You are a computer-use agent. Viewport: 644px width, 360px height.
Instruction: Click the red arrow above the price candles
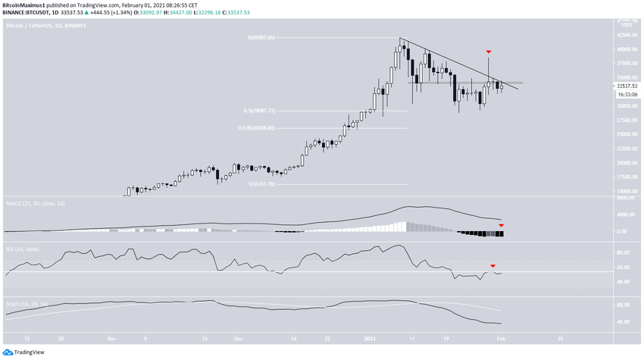pos(489,52)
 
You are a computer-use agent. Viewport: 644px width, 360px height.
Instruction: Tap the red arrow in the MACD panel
pos(501,226)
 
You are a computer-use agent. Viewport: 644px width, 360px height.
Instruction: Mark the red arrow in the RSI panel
pos(493,265)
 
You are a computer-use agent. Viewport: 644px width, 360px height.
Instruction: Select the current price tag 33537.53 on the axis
pos(626,86)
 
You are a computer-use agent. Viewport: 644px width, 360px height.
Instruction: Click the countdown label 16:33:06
pos(626,94)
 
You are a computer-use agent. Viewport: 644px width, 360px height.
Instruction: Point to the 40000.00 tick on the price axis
pos(626,49)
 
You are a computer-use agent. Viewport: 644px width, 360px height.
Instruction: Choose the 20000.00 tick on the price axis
pos(626,163)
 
